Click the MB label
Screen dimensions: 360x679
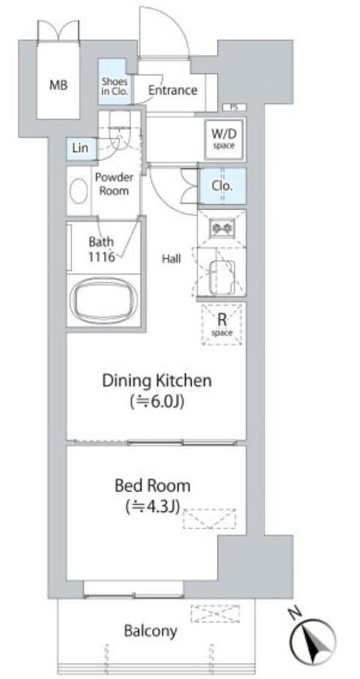[58, 86]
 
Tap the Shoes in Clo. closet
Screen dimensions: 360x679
[115, 82]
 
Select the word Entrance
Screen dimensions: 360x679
[172, 90]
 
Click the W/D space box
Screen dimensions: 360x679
[223, 138]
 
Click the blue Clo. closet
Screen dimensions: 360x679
[222, 186]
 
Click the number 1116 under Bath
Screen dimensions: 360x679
[101, 257]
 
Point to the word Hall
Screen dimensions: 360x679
[172, 259]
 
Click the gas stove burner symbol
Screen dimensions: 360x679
[222, 227]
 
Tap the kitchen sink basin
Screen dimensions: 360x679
[221, 277]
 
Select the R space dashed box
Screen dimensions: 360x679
[222, 324]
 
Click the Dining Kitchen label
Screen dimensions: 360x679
[157, 381]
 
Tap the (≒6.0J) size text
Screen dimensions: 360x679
[157, 402]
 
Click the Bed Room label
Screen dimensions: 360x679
[152, 486]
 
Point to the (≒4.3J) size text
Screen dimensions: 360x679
[152, 506]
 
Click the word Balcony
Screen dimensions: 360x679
[150, 631]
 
